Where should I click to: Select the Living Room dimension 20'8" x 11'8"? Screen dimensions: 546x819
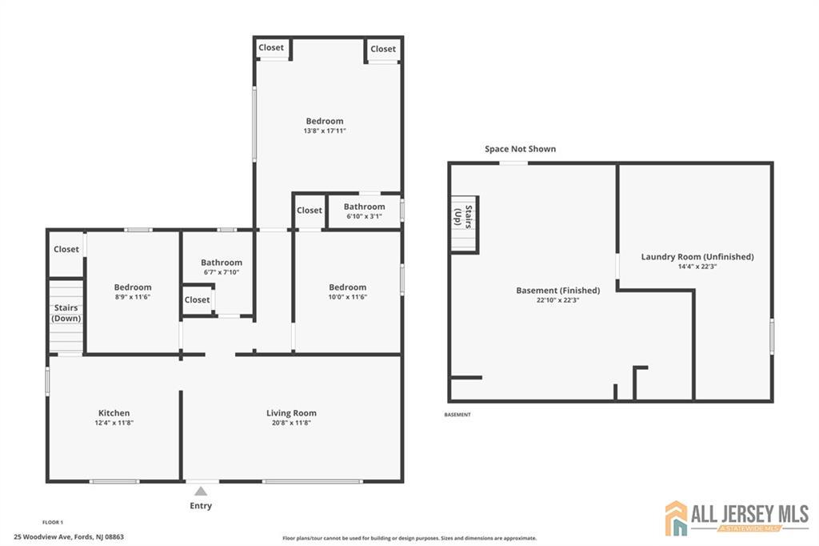tap(291, 423)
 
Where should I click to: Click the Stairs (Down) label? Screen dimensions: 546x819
tap(66, 313)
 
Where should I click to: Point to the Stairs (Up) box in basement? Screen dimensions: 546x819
tap(464, 224)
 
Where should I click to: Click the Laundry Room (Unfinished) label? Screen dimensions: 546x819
tap(697, 257)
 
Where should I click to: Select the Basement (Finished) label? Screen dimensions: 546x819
tap(557, 290)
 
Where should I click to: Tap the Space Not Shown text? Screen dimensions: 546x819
tap(520, 149)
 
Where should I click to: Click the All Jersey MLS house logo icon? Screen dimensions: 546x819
tap(677, 518)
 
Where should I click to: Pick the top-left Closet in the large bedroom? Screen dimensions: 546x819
tap(271, 47)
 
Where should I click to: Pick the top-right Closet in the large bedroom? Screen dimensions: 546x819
tap(383, 49)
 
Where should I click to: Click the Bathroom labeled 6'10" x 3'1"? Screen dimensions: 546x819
tap(365, 207)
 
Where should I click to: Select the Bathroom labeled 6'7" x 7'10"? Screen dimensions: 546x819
tap(222, 263)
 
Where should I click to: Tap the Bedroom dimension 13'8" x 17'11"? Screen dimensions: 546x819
tap(325, 130)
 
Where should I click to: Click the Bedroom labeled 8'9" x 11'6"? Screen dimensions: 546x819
tap(133, 287)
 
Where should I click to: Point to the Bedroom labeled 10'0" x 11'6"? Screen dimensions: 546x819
tap(348, 287)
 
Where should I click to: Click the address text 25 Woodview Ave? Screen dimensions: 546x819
tap(69, 536)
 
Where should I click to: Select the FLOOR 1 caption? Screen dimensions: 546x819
tap(53, 522)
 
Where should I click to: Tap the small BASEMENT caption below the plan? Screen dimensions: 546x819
tap(457, 415)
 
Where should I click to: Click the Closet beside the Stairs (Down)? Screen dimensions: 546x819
tap(66, 249)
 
